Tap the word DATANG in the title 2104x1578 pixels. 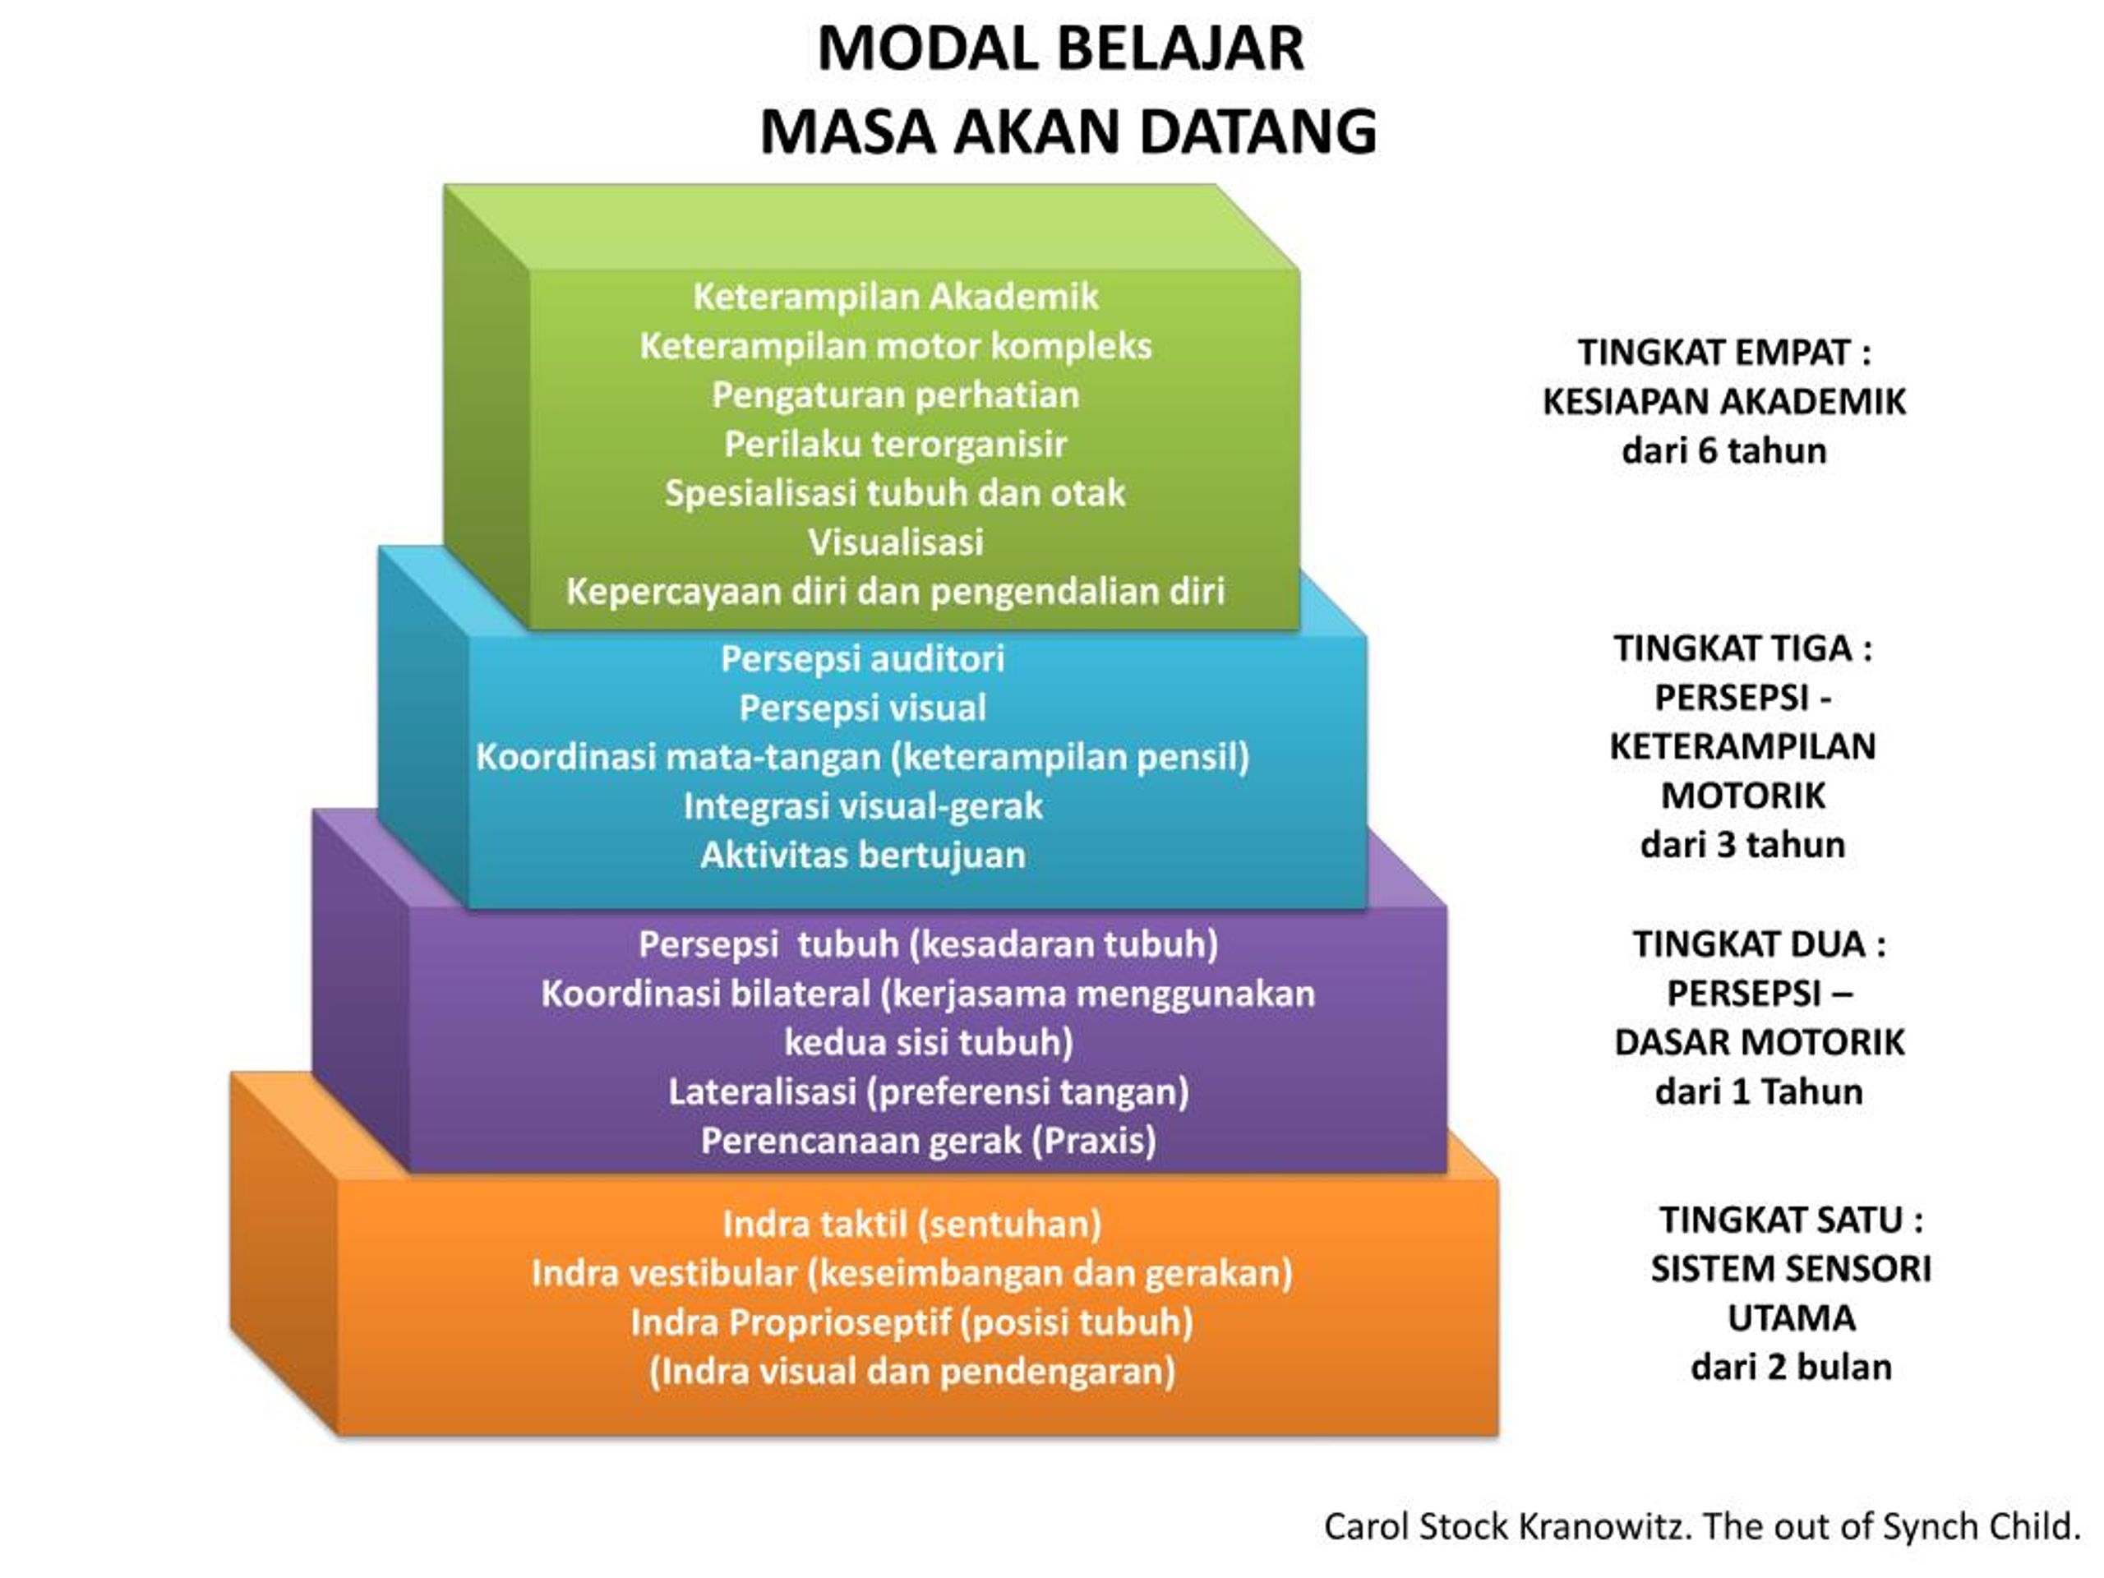coord(1257,131)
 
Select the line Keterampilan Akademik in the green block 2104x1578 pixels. coord(895,297)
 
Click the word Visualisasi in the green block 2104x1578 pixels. coord(895,542)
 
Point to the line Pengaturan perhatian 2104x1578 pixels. coord(895,395)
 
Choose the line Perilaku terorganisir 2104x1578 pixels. coord(895,444)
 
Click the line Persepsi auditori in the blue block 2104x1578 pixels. coord(862,659)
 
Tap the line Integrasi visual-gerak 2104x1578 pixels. coord(863,806)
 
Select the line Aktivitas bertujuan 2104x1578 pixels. coord(863,855)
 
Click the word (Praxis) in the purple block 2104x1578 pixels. coord(1094,1141)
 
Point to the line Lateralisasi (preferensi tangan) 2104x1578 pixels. coord(929,1092)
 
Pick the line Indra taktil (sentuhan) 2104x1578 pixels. coord(911,1224)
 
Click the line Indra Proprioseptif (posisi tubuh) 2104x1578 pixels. coord(911,1323)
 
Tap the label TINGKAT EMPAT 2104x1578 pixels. coord(1713,353)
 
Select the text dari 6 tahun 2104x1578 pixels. coord(1723,451)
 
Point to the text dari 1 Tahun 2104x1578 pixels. coord(1759,1092)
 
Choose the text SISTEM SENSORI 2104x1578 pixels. coord(1790,1269)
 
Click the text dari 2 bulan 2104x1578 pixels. coord(1790,1368)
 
